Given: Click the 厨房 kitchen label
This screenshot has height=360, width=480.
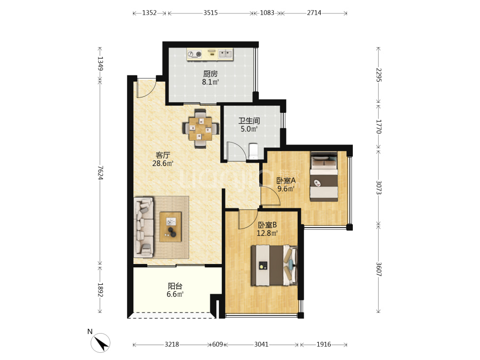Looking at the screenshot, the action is tap(210, 74).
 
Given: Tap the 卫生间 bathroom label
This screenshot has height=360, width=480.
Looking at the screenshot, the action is tap(249, 120).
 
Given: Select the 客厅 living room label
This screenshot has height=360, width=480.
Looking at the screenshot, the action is tap(163, 155).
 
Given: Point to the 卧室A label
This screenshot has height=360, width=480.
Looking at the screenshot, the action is tap(286, 180).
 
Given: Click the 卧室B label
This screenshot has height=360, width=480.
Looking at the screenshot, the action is tap(267, 225).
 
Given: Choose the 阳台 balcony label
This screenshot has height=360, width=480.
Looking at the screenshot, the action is tap(175, 286).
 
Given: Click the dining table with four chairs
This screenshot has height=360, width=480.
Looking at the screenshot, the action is tap(201, 129).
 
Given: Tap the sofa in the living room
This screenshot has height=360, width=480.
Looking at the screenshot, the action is tap(144, 227).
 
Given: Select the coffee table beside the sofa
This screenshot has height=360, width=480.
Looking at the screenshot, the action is tap(170, 227).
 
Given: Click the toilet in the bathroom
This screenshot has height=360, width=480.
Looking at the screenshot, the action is tap(253, 151).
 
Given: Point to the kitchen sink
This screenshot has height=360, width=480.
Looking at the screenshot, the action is tap(225, 54).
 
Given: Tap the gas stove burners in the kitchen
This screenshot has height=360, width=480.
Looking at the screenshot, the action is tap(195, 54).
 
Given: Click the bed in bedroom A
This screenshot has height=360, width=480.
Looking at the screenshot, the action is tap(324, 177).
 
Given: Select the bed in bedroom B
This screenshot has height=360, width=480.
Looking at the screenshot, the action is tap(274, 265).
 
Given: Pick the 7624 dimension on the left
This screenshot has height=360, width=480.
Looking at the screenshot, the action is tap(100, 173).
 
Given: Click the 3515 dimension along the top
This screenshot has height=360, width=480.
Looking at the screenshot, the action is tap(211, 13).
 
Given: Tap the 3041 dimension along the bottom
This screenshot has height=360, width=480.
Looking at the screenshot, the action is tap(262, 344).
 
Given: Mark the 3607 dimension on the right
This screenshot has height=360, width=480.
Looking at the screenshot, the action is tap(379, 269).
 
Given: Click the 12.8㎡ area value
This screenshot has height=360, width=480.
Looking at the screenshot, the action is tap(267, 233).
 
